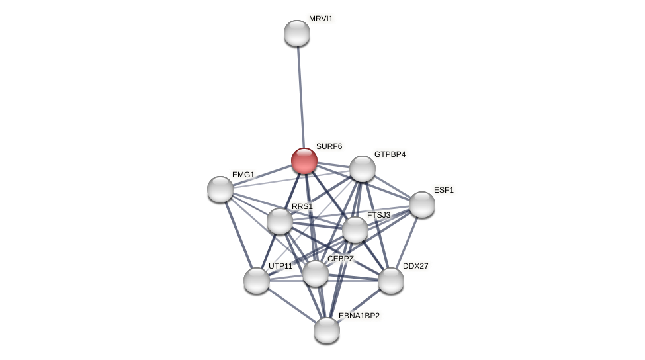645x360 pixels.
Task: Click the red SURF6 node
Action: (x=304, y=161)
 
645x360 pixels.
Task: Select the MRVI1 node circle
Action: (x=297, y=33)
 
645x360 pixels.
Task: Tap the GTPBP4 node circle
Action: (x=363, y=169)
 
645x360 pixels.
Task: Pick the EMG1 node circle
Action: (x=220, y=189)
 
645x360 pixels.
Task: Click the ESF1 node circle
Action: (x=422, y=204)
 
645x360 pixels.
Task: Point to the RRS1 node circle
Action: (x=280, y=221)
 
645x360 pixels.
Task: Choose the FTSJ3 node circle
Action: (x=355, y=230)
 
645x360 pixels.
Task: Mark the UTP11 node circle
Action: (x=257, y=281)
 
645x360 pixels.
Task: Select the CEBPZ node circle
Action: (x=316, y=273)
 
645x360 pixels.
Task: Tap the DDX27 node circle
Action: (x=391, y=281)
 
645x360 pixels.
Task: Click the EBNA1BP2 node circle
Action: (x=327, y=330)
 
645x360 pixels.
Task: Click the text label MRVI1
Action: (x=321, y=19)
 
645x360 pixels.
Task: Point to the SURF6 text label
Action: (x=329, y=146)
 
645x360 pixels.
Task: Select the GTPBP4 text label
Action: (x=390, y=154)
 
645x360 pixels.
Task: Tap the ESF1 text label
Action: (x=444, y=190)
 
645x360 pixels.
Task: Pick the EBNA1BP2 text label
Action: (x=359, y=316)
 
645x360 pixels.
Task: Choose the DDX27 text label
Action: (x=415, y=266)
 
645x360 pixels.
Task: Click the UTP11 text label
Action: (x=280, y=266)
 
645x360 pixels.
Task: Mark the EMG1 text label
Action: (x=243, y=175)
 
